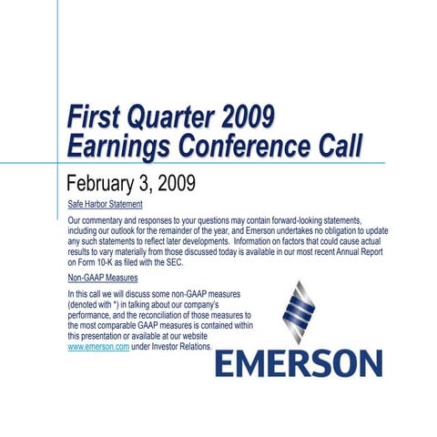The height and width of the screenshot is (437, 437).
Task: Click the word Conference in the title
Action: point(249,146)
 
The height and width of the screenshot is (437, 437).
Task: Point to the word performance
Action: point(97,315)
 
